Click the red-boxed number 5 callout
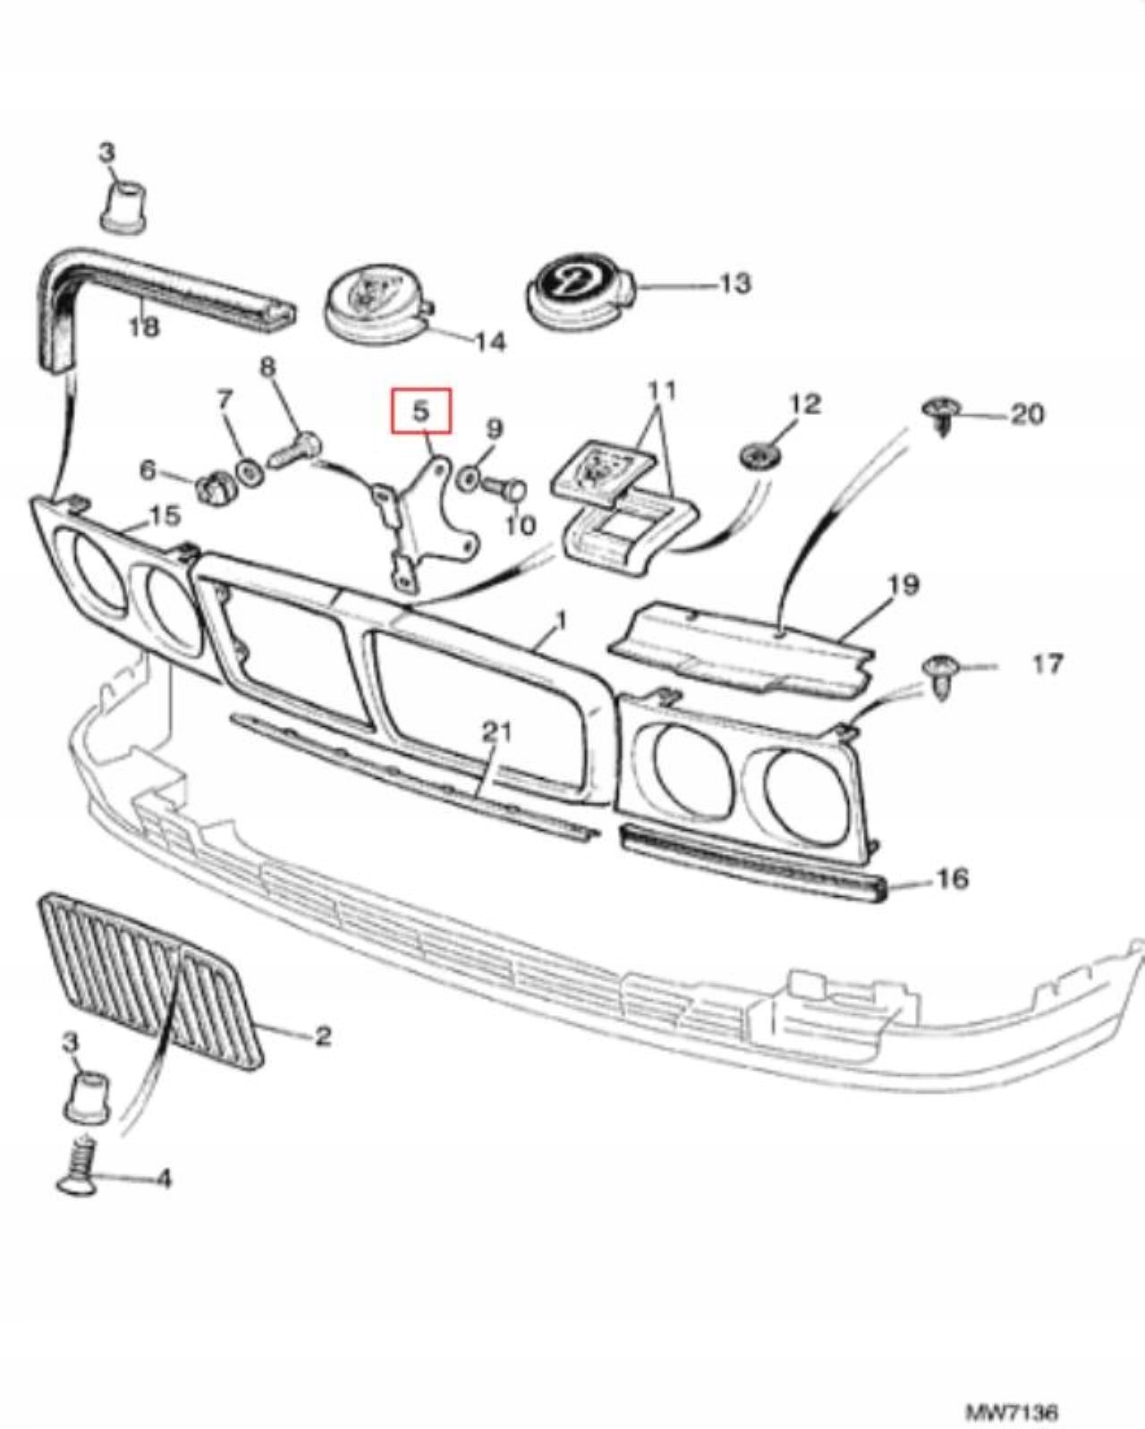coord(420,410)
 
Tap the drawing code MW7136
coord(1012,1389)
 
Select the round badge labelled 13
coord(578,292)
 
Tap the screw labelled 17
coord(939,672)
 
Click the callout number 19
coord(904,585)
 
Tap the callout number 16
coord(953,878)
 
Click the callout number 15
coord(165,515)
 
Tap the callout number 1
coord(562,619)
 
